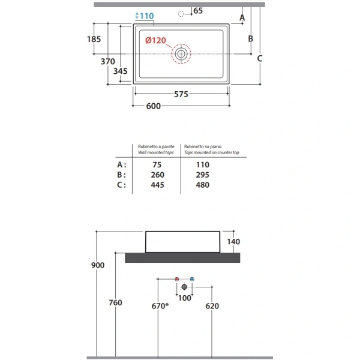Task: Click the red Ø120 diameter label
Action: point(155,40)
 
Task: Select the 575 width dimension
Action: point(181,94)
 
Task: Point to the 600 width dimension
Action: point(154,106)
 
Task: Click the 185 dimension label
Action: point(94,39)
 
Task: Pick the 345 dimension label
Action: point(121,71)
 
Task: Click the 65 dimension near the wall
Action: point(198,11)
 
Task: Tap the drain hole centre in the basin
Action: point(181,54)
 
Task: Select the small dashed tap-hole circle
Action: point(181,14)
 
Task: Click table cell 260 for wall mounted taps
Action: point(157,175)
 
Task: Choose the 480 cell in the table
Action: point(203,185)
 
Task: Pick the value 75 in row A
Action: point(157,164)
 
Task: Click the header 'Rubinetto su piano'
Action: point(203,146)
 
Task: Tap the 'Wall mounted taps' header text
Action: point(155,152)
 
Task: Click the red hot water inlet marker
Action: point(176,279)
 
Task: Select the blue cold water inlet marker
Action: point(192,279)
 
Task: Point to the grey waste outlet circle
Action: point(184,287)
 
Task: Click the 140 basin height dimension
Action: point(233,242)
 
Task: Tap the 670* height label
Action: point(160,306)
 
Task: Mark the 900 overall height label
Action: point(98,265)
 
